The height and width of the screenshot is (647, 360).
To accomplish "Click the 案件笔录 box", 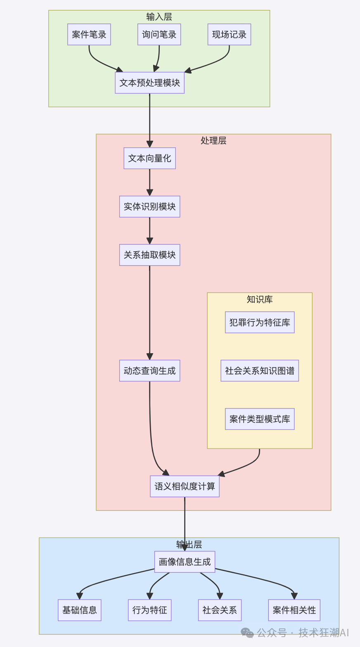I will pyautogui.click(x=89, y=35).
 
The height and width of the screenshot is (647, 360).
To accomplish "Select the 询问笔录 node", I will pyautogui.click(x=159, y=35).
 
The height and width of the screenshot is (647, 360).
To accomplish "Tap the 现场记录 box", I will pyautogui.click(x=229, y=35).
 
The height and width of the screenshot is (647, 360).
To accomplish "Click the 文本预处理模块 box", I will pyautogui.click(x=149, y=83).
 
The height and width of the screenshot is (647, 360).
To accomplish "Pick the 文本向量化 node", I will pyautogui.click(x=149, y=158).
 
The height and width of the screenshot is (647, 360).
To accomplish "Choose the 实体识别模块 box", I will pyautogui.click(x=149, y=207).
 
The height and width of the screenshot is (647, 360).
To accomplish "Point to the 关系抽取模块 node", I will pyautogui.click(x=149, y=255).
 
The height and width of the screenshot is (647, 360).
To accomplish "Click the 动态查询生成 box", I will pyautogui.click(x=149, y=371).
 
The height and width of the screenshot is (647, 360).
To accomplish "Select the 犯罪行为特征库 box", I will pyautogui.click(x=260, y=323).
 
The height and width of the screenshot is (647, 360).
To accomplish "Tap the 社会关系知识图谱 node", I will pyautogui.click(x=260, y=371).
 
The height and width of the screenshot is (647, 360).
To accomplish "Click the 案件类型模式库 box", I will pyautogui.click(x=260, y=419).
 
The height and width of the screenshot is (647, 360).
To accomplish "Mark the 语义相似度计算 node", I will pyautogui.click(x=185, y=486).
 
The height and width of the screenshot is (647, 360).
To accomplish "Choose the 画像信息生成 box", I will pyautogui.click(x=185, y=562).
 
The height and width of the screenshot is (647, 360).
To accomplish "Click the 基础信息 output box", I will pyautogui.click(x=80, y=610).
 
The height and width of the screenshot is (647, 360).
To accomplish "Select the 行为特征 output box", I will pyautogui.click(x=149, y=610).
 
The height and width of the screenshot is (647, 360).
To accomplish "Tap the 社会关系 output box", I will pyautogui.click(x=220, y=610).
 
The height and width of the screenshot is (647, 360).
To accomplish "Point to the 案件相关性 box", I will pyautogui.click(x=294, y=610).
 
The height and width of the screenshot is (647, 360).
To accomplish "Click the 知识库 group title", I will pyautogui.click(x=260, y=300).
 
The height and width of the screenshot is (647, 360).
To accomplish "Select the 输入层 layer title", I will pyautogui.click(x=159, y=17).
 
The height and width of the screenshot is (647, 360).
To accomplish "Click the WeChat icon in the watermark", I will pyautogui.click(x=247, y=633).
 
